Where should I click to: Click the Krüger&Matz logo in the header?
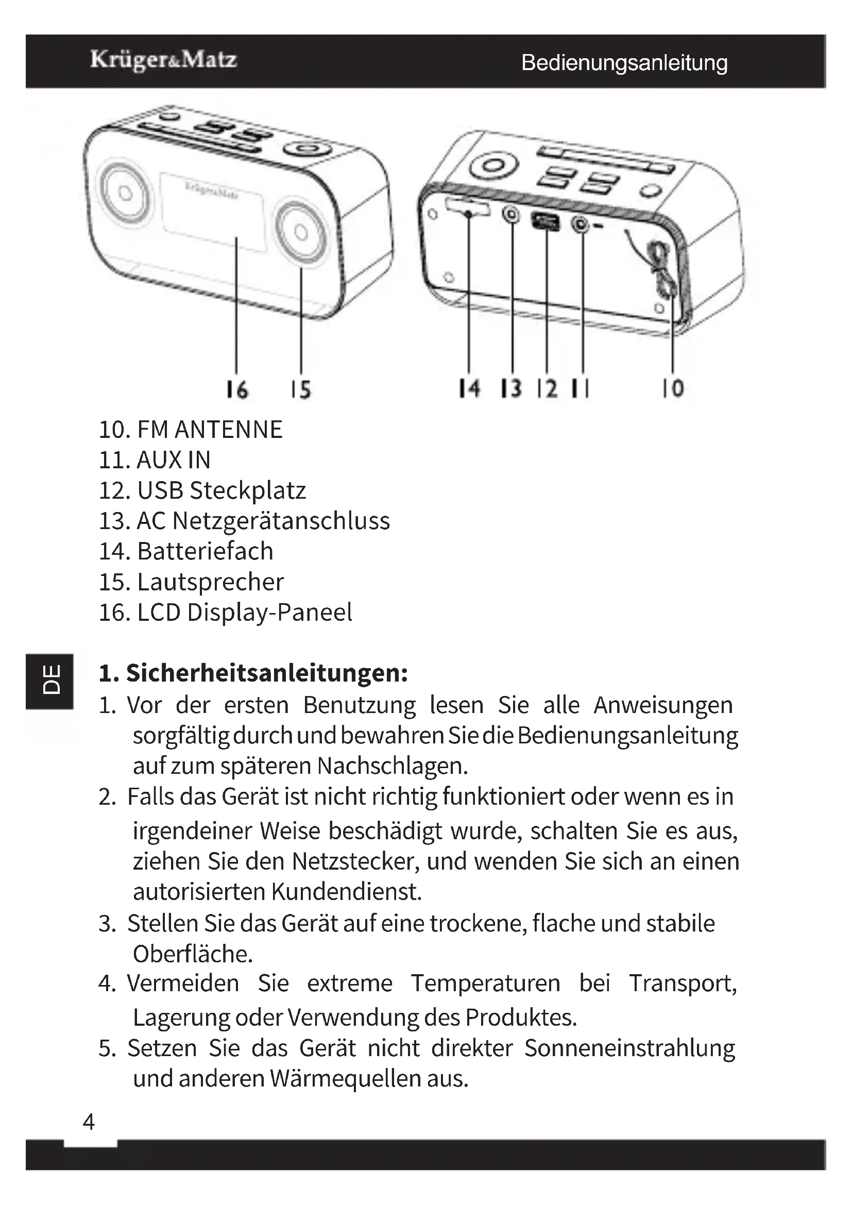(163, 60)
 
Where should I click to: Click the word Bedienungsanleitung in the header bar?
(624, 63)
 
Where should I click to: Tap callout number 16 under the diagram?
(236, 390)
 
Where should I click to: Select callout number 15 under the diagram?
(301, 390)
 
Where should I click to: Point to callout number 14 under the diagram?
(469, 389)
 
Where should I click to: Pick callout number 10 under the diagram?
(673, 389)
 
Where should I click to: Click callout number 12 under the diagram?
(547, 389)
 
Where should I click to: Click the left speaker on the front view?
(124, 193)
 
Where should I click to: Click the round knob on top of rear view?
(492, 166)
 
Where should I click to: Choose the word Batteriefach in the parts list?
(205, 552)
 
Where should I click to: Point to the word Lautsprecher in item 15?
(210, 582)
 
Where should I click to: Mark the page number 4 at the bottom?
(89, 1122)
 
